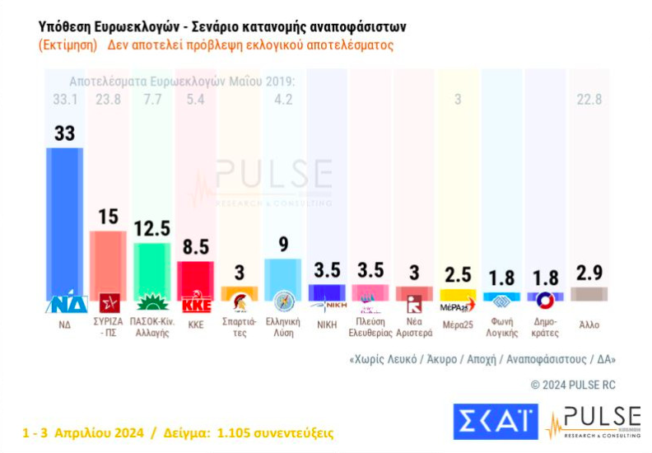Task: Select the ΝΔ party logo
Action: click(65, 303)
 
